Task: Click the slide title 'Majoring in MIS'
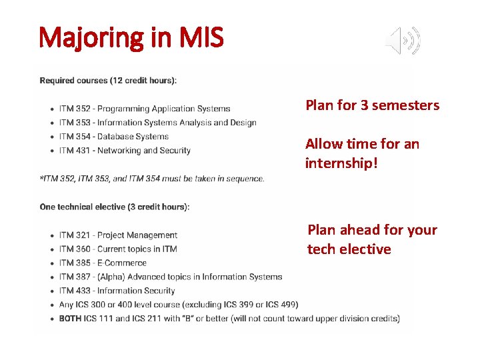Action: pos(131,38)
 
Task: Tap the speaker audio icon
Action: pos(403,41)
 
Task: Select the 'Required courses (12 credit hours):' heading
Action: pos(108,81)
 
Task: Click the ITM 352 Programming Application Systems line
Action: pos(145,109)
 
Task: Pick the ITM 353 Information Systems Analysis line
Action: pos(157,123)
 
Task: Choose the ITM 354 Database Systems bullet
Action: pos(114,137)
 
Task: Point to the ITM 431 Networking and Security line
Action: pos(125,151)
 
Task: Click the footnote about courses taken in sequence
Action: pos(152,179)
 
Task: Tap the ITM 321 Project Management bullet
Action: pos(118,235)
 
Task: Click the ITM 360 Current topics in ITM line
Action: pos(118,249)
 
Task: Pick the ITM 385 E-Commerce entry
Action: pos(103,263)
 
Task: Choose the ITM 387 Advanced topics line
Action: pos(170,277)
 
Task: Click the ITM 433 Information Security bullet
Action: pos(117,291)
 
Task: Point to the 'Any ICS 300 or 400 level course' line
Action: pos(178,305)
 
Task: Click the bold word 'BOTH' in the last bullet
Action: pos(70,319)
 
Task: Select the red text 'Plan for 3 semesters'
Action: pos(372,105)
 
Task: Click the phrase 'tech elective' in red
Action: pos(349,249)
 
